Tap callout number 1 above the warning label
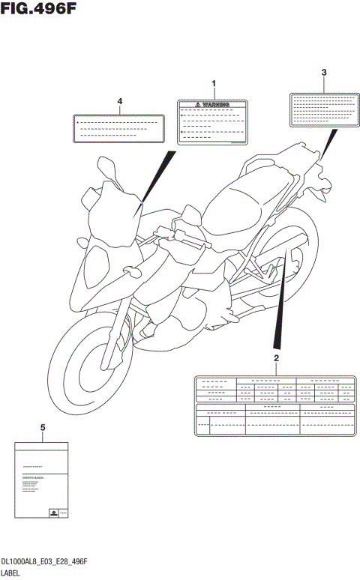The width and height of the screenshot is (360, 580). coord(213,83)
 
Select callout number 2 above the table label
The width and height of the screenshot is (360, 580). coord(276,358)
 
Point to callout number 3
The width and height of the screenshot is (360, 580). coord(324,73)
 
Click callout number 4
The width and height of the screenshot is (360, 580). coord(119,100)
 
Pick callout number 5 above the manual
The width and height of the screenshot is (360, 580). coord(42,427)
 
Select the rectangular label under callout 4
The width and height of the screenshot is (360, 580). coord(118,127)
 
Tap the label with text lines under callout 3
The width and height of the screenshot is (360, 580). coord(321,109)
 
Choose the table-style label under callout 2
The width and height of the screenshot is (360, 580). coord(275,405)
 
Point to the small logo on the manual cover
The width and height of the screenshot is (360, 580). coord(54,512)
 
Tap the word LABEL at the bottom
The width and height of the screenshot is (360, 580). coord(12,573)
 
